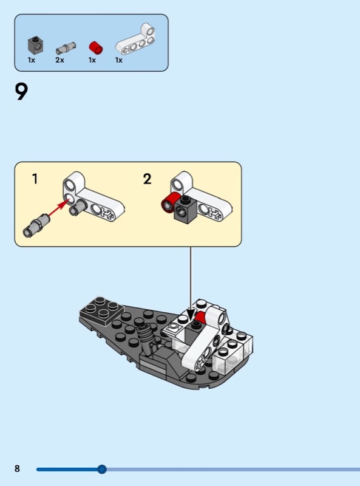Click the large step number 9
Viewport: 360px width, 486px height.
click(21, 92)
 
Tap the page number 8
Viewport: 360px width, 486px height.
click(17, 468)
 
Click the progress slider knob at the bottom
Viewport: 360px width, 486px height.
click(101, 469)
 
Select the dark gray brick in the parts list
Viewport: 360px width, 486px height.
click(36, 45)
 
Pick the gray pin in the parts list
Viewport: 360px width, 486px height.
click(66, 48)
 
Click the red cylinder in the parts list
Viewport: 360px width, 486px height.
click(96, 47)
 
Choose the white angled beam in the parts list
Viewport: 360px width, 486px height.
click(135, 39)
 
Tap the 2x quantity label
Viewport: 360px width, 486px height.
click(59, 60)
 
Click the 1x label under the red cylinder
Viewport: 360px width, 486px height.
click(92, 60)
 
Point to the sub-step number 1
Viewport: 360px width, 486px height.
click(35, 179)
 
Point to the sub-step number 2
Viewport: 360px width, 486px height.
click(147, 179)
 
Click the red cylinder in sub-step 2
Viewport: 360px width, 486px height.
click(169, 203)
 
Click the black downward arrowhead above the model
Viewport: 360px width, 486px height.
click(191, 314)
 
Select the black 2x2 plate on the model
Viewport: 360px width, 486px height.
click(101, 311)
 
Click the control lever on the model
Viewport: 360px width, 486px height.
click(147, 339)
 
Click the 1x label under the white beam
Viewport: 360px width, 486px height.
click(119, 60)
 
